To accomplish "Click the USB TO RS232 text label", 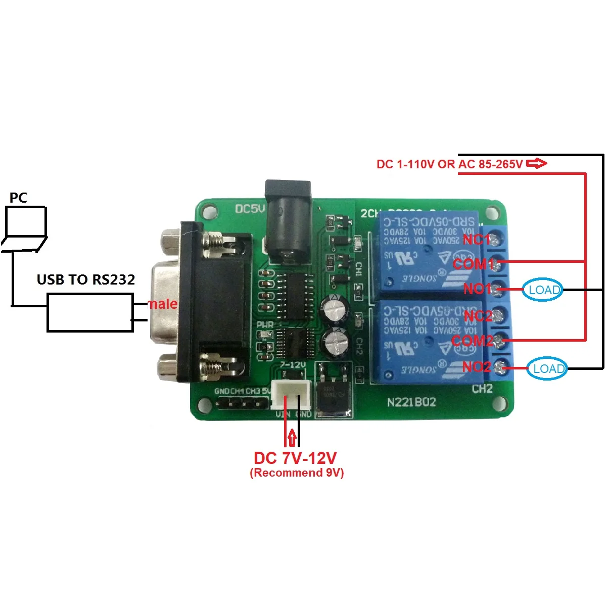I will coord(86,279).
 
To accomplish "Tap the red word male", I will coord(162,304).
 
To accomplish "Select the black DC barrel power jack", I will coord(288,222).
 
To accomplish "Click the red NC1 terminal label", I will coord(476,239).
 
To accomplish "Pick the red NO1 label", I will coord(477,289).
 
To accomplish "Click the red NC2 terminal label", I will coord(478,316).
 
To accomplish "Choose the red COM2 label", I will coord(472,341).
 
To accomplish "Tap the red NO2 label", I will coord(477,366).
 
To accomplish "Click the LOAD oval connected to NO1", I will coord(542,290).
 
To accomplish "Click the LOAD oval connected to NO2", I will coord(547,368).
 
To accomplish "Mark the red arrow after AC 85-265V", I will coord(537,163).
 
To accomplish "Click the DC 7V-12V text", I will coord(295,458).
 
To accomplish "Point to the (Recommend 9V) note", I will coord(297,473).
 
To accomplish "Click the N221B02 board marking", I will coord(411,402).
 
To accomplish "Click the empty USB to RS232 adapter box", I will coord(90,313).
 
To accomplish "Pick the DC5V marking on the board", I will coord(250,209).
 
